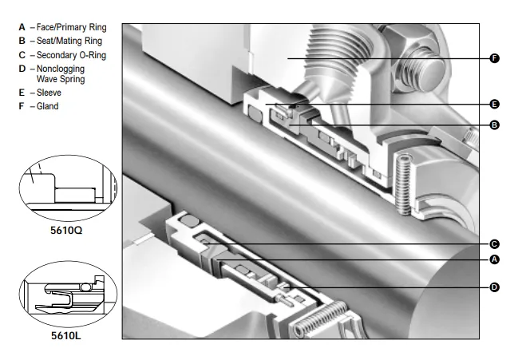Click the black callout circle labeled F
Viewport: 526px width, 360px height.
tap(494, 58)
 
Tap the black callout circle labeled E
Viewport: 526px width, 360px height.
tap(494, 105)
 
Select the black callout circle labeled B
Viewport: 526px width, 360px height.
tap(494, 125)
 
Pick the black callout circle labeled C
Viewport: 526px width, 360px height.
tap(494, 244)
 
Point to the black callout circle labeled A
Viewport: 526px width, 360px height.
tap(494, 259)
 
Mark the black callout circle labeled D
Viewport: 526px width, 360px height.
tap(494, 287)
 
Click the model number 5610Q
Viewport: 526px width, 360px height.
tap(66, 231)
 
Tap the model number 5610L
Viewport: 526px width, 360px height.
tap(66, 335)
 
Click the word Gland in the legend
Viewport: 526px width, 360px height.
tap(47, 106)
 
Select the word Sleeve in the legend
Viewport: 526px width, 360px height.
tap(49, 93)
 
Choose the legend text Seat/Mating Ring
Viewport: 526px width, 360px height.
tap(69, 41)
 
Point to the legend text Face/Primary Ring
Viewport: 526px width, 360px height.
tap(72, 27)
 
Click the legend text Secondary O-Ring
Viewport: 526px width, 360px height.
tap(71, 55)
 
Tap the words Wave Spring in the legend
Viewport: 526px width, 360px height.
tap(61, 79)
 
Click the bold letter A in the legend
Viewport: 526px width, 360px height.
tap(22, 27)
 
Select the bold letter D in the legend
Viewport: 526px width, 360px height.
tap(22, 69)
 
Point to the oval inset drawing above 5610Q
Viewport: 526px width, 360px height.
tap(68, 188)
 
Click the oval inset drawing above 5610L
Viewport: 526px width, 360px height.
tap(68, 295)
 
